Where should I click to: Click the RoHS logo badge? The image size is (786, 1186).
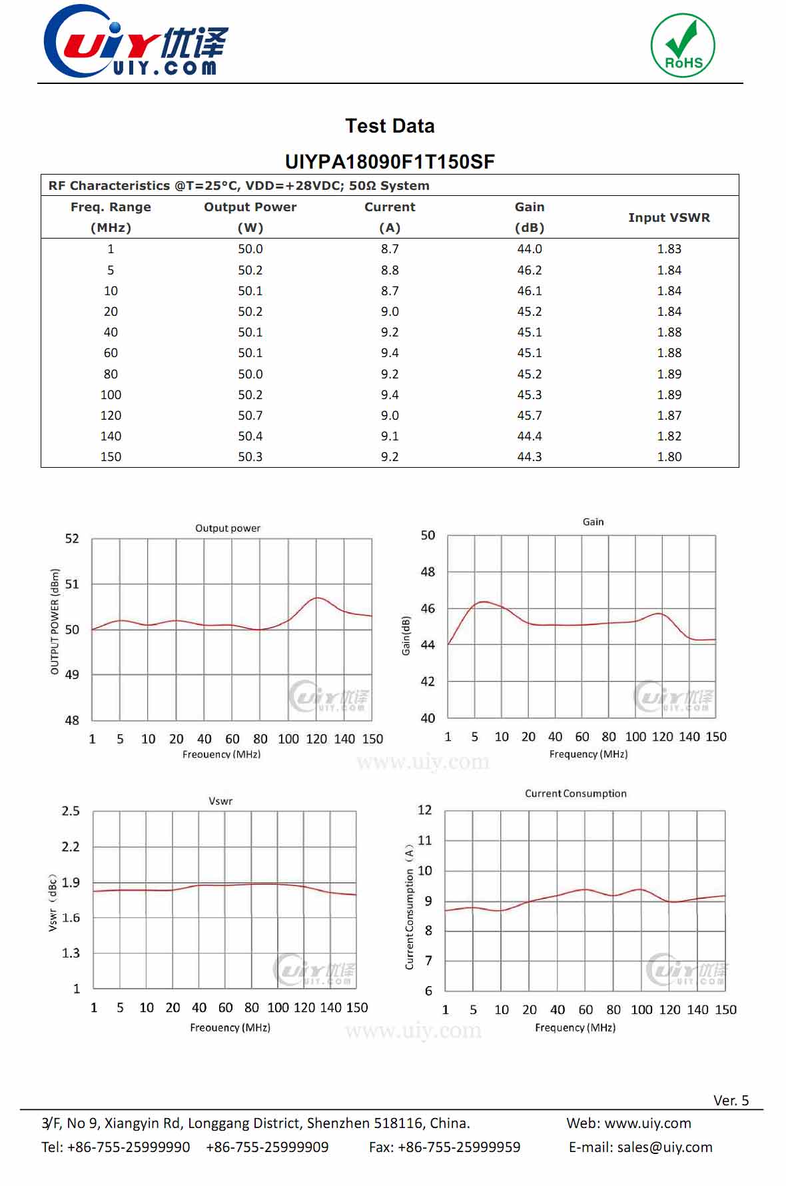[683, 45]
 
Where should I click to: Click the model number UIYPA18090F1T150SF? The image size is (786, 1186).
[390, 162]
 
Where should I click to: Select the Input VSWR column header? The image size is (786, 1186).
[669, 217]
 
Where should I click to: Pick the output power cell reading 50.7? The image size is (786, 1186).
[250, 415]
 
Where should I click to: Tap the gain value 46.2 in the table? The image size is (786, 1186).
[530, 270]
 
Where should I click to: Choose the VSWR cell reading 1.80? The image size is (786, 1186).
[669, 456]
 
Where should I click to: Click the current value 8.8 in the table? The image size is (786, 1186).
[390, 270]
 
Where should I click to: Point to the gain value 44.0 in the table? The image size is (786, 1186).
[530, 249]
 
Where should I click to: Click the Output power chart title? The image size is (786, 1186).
[228, 528]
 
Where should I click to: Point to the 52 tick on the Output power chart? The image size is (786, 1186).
[72, 538]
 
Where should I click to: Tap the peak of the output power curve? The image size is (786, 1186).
[318, 598]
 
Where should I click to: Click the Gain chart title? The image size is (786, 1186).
[593, 522]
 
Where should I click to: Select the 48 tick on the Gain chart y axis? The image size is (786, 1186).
[428, 572]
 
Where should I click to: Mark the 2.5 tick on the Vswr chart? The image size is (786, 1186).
[71, 811]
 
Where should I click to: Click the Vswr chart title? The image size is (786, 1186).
[220, 801]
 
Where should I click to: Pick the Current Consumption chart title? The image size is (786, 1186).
[576, 794]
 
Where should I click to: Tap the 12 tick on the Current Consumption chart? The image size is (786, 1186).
[425, 810]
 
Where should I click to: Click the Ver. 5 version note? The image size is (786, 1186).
[731, 1100]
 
